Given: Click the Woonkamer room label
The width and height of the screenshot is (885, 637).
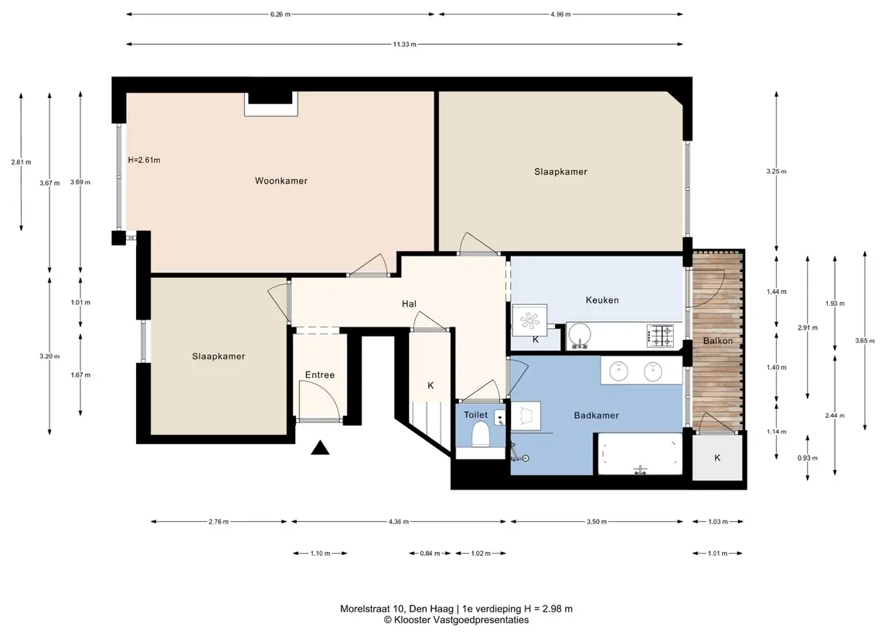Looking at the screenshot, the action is point(281,181).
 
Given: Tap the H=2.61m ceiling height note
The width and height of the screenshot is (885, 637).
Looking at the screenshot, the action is point(144,160).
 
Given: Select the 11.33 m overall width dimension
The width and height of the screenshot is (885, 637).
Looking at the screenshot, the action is point(405,44).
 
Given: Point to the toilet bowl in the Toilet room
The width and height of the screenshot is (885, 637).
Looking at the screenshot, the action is point(480,435).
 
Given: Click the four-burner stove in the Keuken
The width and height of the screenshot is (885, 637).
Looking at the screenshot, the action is point(660,335).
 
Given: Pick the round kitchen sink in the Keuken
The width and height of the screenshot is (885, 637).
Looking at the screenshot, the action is point(579,335).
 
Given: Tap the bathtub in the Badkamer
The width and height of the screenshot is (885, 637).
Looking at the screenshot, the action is point(640,454).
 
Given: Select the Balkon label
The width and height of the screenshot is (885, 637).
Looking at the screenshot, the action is point(718,341).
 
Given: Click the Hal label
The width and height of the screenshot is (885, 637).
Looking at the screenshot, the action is point(409,304).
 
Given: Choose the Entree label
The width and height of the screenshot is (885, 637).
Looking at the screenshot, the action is point(320,375).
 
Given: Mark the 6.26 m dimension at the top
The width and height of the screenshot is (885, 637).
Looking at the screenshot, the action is point(281,14).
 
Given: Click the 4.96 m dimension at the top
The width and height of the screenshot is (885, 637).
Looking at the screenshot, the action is point(561,14).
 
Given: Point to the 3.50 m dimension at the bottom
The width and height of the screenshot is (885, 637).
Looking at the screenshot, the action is point(597,521).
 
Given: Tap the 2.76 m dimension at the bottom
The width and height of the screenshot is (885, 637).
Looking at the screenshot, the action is point(219,521).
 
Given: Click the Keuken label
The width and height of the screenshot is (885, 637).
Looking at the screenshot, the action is point(602,300).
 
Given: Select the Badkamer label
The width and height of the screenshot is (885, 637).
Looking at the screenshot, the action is point(597,415).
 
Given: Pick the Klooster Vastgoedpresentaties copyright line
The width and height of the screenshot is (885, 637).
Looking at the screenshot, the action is point(456,620).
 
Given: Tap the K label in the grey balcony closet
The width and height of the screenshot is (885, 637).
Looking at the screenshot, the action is point(717,458).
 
